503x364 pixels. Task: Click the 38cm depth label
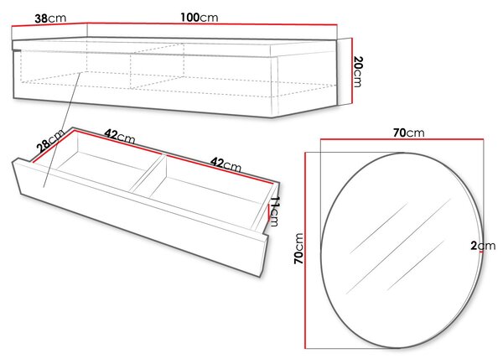click(50, 18)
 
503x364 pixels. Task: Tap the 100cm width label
click(200, 18)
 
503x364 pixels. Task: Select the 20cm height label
click(358, 71)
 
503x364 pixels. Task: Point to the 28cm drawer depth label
click(50, 141)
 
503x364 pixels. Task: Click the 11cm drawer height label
click(273, 211)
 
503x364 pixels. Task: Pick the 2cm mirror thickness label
click(483, 246)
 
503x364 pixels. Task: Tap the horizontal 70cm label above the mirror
click(409, 133)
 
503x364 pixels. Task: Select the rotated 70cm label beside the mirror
click(298, 249)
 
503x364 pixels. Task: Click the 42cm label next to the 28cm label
click(120, 136)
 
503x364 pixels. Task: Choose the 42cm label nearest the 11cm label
click(226, 164)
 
